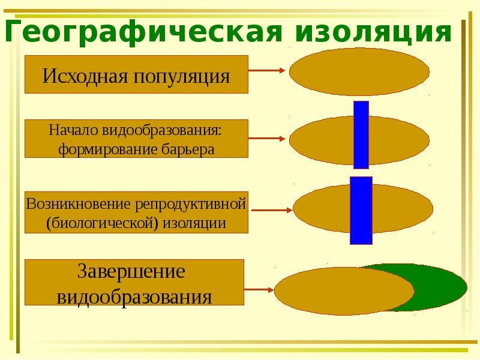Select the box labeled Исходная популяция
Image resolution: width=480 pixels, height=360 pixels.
coord(136,74)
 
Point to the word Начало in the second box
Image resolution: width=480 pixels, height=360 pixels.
coord(73,130)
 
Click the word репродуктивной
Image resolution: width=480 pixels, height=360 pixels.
coord(191,204)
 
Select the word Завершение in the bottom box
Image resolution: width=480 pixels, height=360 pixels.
coord(131,271)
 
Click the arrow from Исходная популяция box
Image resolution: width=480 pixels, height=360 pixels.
coord(266,71)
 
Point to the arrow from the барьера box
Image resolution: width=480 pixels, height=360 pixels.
coord(266,140)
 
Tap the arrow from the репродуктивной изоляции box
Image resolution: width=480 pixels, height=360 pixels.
coord(272,210)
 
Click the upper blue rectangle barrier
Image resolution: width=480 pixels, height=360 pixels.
coord(361,135)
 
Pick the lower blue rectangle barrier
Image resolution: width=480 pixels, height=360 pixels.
coord(361,210)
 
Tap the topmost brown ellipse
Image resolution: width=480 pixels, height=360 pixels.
coord(359,72)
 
